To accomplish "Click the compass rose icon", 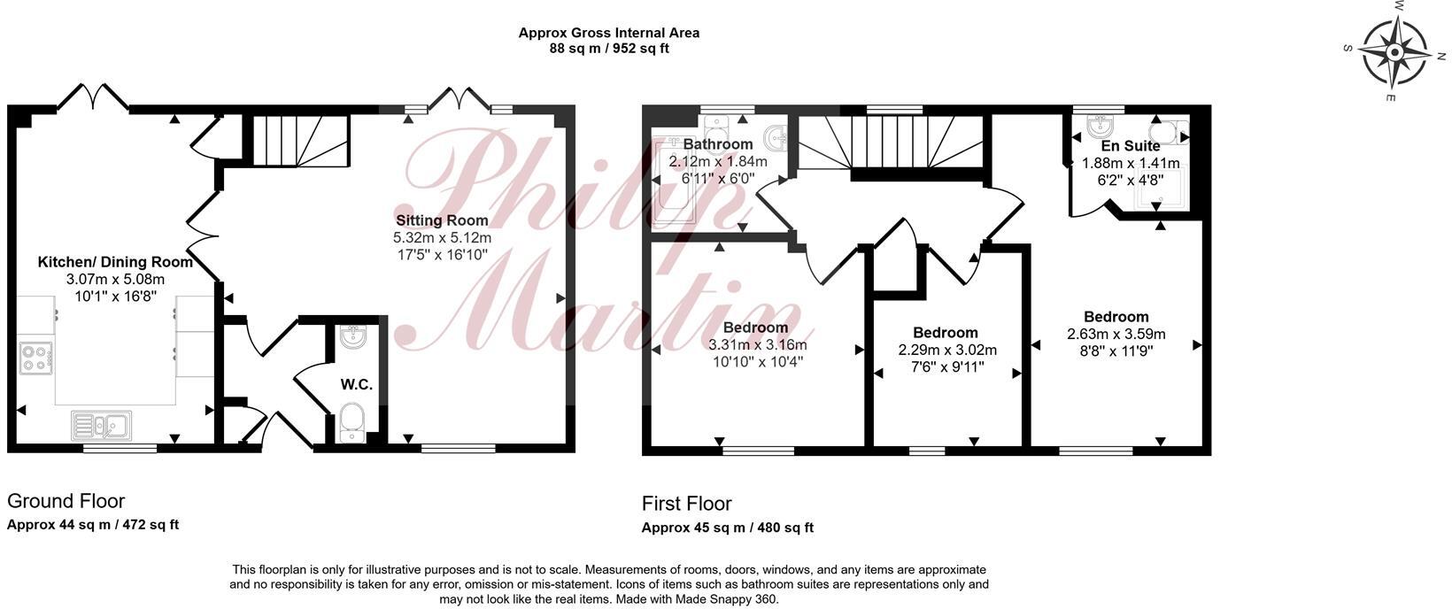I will [x=1394, y=52].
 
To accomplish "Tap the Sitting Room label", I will [x=442, y=220].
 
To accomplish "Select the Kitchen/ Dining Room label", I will [x=115, y=262].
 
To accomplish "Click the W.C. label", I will [x=357, y=385].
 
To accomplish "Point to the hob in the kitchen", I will [x=35, y=358].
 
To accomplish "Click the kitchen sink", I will [x=101, y=426].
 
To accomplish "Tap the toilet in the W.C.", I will [x=352, y=421].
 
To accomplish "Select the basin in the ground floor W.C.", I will [x=352, y=336].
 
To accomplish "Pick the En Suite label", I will [x=1131, y=146].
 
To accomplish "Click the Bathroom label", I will [x=718, y=144].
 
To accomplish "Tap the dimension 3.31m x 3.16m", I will [x=758, y=345].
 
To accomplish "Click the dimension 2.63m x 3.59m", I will [x=1116, y=335].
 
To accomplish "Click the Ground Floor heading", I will [x=66, y=502].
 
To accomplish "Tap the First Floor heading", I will [x=687, y=504].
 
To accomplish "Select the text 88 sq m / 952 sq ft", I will [x=609, y=49].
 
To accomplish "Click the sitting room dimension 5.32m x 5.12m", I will [x=442, y=238].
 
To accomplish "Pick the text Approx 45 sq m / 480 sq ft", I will [x=728, y=528].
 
